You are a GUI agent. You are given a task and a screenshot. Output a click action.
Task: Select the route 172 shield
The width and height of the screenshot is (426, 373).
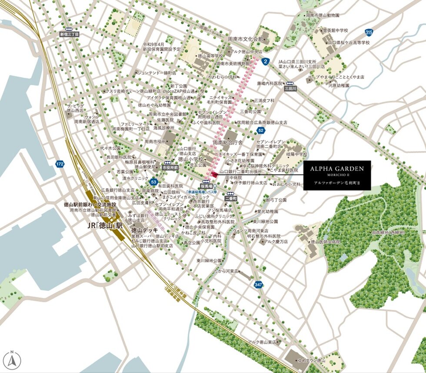tap(60, 164)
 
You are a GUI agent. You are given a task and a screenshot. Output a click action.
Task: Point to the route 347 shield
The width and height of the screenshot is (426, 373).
tap(258, 284)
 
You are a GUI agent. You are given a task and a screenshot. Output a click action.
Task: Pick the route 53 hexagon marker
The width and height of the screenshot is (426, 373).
tap(154, 182)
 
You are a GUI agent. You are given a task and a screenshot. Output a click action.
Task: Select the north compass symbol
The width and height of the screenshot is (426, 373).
tap(12, 360)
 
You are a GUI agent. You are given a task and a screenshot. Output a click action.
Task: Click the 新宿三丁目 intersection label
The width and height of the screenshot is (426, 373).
tap(70, 34)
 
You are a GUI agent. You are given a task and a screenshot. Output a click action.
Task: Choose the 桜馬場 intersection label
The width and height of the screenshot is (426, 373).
tap(206, 185)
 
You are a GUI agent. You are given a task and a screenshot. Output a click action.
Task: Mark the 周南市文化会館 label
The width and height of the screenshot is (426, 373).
tap(245, 39)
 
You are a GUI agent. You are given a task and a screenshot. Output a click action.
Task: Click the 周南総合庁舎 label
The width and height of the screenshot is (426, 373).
tap(227, 142)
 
